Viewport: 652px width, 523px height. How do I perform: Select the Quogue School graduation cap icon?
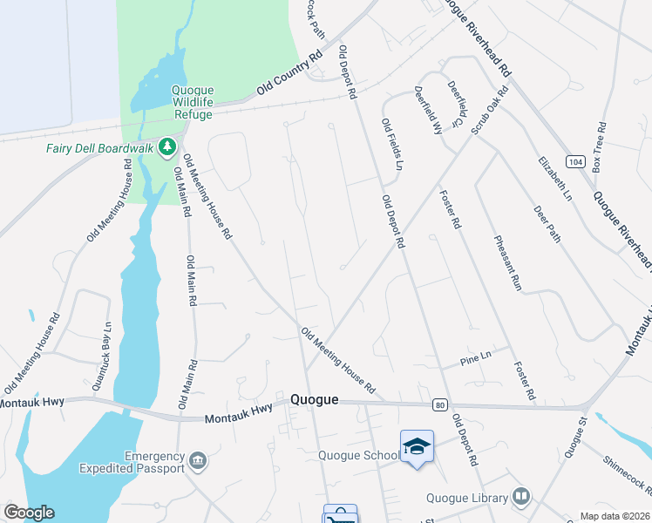pyautogui.click(x=418, y=446)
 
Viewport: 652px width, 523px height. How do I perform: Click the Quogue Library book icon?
pyautogui.click(x=521, y=497)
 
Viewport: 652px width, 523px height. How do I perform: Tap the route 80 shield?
pyautogui.click(x=440, y=404)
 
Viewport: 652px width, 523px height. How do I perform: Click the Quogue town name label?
pyautogui.click(x=313, y=399)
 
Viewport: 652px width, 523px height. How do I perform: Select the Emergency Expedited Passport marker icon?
pyautogui.click(x=199, y=460)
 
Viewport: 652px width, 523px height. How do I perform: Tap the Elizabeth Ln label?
pyautogui.click(x=554, y=180)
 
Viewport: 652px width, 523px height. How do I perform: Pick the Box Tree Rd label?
pyautogui.click(x=599, y=152)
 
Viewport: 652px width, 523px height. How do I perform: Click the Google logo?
pyautogui.click(x=29, y=513)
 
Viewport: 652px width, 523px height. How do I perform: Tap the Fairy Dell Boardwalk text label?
pyautogui.click(x=100, y=148)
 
